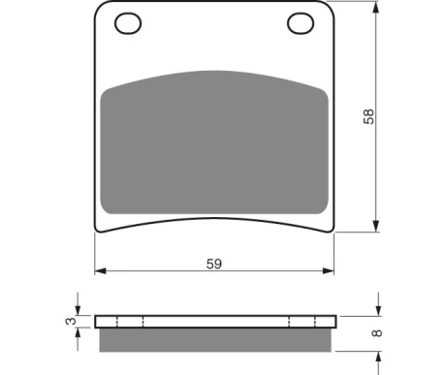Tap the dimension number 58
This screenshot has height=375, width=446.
coord(368,116)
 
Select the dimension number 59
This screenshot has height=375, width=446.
coord(214,264)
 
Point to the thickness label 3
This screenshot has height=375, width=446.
coord(71,321)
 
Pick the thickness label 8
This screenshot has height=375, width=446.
coord(377,332)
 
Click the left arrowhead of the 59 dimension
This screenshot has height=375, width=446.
coord(100,271)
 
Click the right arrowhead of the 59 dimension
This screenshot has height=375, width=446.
coord(329,271)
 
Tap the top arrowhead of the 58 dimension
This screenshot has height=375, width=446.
coord(375,7)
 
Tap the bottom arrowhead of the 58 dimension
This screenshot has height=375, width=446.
coord(375,226)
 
